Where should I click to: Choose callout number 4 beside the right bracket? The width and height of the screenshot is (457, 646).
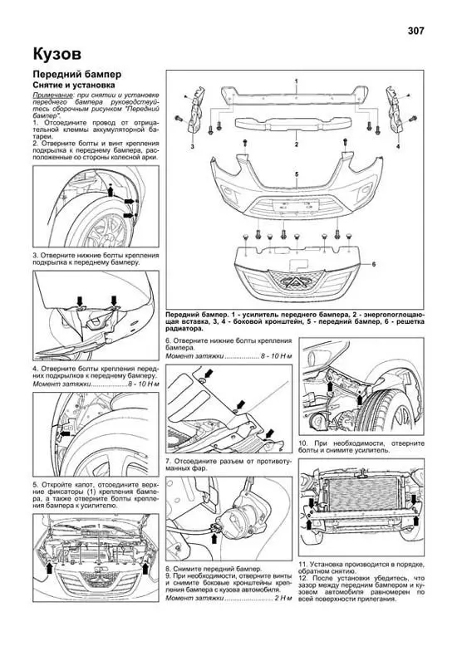(398, 146)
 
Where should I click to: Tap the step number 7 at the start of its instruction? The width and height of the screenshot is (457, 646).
(168, 459)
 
